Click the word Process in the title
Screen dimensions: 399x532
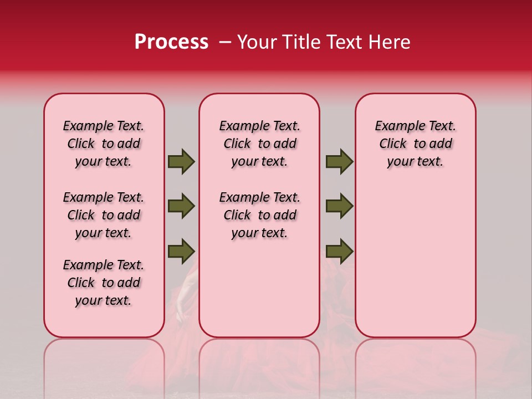(x=171, y=42)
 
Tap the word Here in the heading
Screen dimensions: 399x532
(x=387, y=42)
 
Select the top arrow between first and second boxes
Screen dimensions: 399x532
(x=181, y=162)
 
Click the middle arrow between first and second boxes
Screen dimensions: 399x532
(x=181, y=206)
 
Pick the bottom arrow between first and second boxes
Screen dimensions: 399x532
(x=181, y=251)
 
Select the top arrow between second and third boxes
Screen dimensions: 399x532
(x=339, y=162)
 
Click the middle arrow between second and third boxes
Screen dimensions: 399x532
(x=339, y=206)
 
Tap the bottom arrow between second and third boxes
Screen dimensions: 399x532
(x=339, y=251)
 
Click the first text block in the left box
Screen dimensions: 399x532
(x=104, y=144)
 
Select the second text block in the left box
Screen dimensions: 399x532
(x=104, y=215)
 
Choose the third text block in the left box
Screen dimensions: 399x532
(x=104, y=283)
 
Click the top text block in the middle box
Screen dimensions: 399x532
(x=259, y=144)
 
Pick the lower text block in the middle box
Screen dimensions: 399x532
(x=259, y=215)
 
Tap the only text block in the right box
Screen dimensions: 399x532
(x=415, y=144)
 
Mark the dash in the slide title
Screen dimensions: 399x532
(x=224, y=42)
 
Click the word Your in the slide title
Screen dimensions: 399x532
(x=255, y=42)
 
